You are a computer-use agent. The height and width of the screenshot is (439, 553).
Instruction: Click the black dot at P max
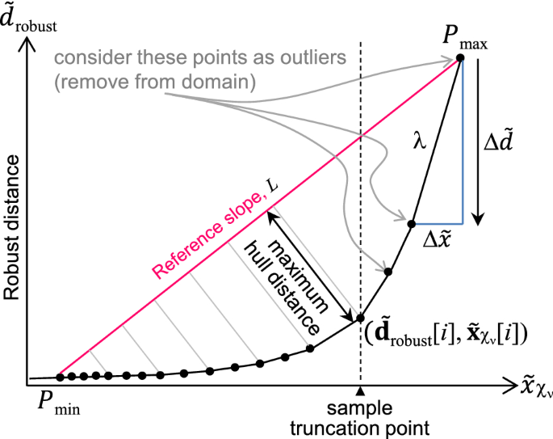click(459, 57)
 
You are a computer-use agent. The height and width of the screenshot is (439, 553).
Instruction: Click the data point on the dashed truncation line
click(361, 318)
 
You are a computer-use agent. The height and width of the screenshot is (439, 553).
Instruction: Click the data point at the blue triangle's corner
click(412, 223)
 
